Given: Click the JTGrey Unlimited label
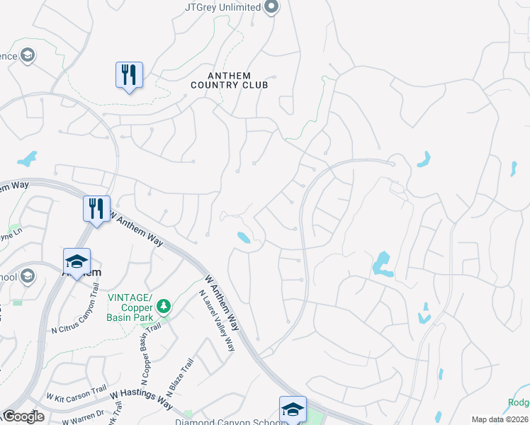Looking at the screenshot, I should [223, 7].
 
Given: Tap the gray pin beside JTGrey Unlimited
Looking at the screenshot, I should [271, 7].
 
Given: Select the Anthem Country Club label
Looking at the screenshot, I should [229, 80].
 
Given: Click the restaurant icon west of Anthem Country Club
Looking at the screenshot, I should [129, 75].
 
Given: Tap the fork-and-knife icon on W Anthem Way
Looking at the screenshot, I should [96, 209].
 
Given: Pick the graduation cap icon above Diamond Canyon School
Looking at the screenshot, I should [293, 409].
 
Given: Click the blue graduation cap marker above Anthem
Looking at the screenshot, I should [77, 261].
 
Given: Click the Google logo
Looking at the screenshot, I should [23, 416].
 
